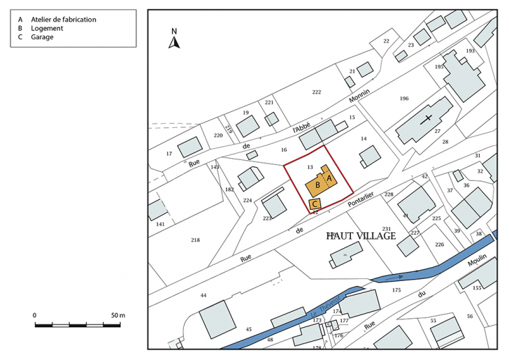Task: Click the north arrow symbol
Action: pos(175,43)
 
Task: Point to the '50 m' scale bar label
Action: pos(117,316)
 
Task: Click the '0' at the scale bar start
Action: pos(35,316)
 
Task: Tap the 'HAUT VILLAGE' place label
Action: pos(361,236)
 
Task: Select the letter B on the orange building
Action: pos(318,185)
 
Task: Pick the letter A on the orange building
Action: pos(329,179)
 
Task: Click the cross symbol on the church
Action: pos(426,119)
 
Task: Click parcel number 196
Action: pos(403,99)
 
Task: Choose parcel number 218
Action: pos(195,240)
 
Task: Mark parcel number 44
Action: pos(203,296)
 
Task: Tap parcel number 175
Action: pos(396,289)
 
